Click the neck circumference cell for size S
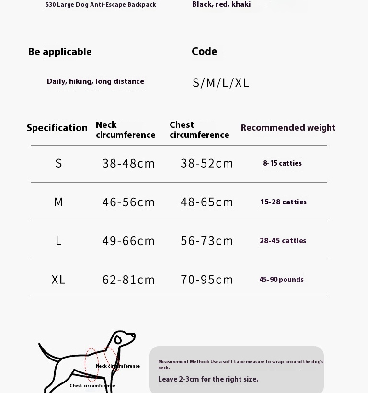(128, 164)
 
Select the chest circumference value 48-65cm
(207, 202)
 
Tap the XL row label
(58, 280)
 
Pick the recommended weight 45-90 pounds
(281, 280)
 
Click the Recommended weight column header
(288, 128)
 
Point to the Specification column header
(57, 128)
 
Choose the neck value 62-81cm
(128, 280)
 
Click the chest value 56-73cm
(207, 241)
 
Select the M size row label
(58, 202)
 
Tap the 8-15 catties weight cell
(282, 164)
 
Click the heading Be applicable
(60, 52)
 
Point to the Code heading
(204, 52)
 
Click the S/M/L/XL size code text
(221, 83)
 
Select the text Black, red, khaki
(221, 4)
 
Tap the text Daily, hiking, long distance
(95, 81)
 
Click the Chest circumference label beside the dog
(92, 386)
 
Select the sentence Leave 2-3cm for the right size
(208, 379)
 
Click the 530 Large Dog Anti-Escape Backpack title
(101, 5)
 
